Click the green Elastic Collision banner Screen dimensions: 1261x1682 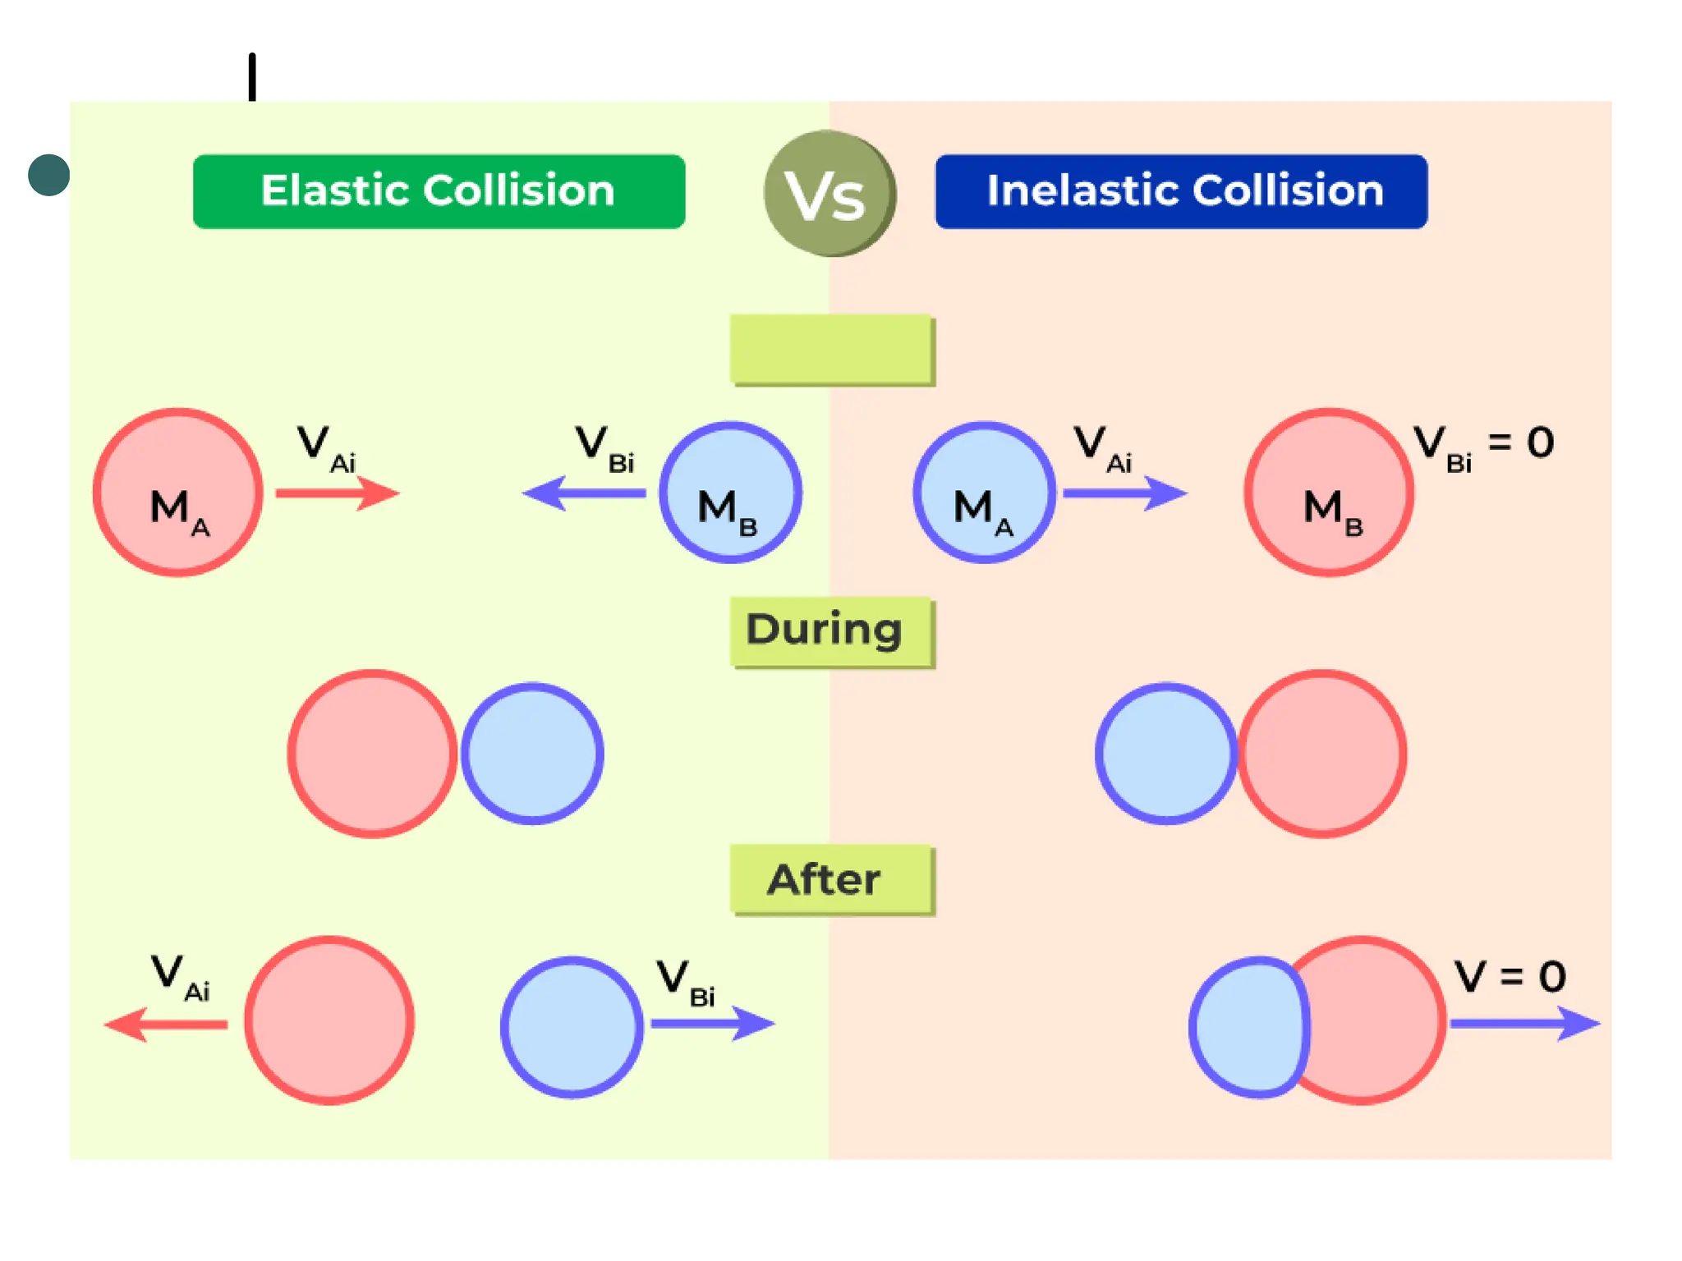tap(439, 191)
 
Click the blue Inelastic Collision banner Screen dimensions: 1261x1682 tap(1181, 191)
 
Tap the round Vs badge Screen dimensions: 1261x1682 tap(830, 194)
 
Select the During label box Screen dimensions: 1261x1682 tap(831, 631)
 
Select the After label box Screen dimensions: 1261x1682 tap(831, 879)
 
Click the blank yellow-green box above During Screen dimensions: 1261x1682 tap(831, 349)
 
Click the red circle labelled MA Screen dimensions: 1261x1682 tap(177, 493)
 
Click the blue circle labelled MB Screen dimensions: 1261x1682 tap(730, 493)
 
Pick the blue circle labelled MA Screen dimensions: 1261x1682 tap(984, 493)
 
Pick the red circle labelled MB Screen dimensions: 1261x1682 tap(1328, 493)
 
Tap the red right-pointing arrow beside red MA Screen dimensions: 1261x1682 tap(337, 493)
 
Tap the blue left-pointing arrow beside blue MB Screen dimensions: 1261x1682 tap(584, 493)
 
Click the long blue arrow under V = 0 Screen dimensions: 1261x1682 tap(1524, 1023)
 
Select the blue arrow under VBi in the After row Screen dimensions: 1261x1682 tap(712, 1023)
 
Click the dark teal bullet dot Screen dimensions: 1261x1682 tap(48, 175)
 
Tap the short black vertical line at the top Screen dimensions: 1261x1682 tap(252, 77)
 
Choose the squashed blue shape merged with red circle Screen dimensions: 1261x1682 tap(1247, 1026)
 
